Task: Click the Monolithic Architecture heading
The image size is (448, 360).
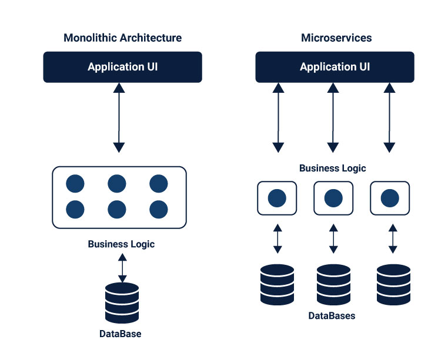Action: pyautogui.click(x=122, y=38)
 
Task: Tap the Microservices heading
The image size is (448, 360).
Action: pyautogui.click(x=336, y=38)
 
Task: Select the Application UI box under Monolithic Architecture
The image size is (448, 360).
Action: pyautogui.click(x=122, y=67)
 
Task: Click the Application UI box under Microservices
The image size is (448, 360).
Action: pyautogui.click(x=335, y=67)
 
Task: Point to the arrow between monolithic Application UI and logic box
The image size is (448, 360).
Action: pyautogui.click(x=119, y=117)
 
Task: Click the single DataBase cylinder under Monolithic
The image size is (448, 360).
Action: pyautogui.click(x=122, y=304)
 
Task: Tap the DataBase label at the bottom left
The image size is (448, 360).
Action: pyautogui.click(x=120, y=334)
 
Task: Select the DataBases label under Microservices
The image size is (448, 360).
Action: pyautogui.click(x=332, y=316)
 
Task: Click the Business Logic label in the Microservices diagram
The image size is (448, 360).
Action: pyautogui.click(x=333, y=169)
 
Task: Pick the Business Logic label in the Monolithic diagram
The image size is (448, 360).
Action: pyautogui.click(x=121, y=244)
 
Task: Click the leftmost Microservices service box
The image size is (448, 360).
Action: pyautogui.click(x=277, y=198)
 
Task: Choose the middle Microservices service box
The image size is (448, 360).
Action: pyautogui.click(x=333, y=198)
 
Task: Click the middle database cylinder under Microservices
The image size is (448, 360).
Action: pyautogui.click(x=333, y=284)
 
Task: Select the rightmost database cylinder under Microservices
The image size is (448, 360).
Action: pyautogui.click(x=393, y=284)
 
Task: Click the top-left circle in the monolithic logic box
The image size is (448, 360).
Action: pyautogui.click(x=75, y=184)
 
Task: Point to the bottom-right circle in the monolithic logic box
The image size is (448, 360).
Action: pyautogui.click(x=159, y=208)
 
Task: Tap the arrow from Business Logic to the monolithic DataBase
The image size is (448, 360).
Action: pyautogui.click(x=122, y=267)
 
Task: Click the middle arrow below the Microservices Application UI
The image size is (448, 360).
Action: pyautogui.click(x=333, y=117)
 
